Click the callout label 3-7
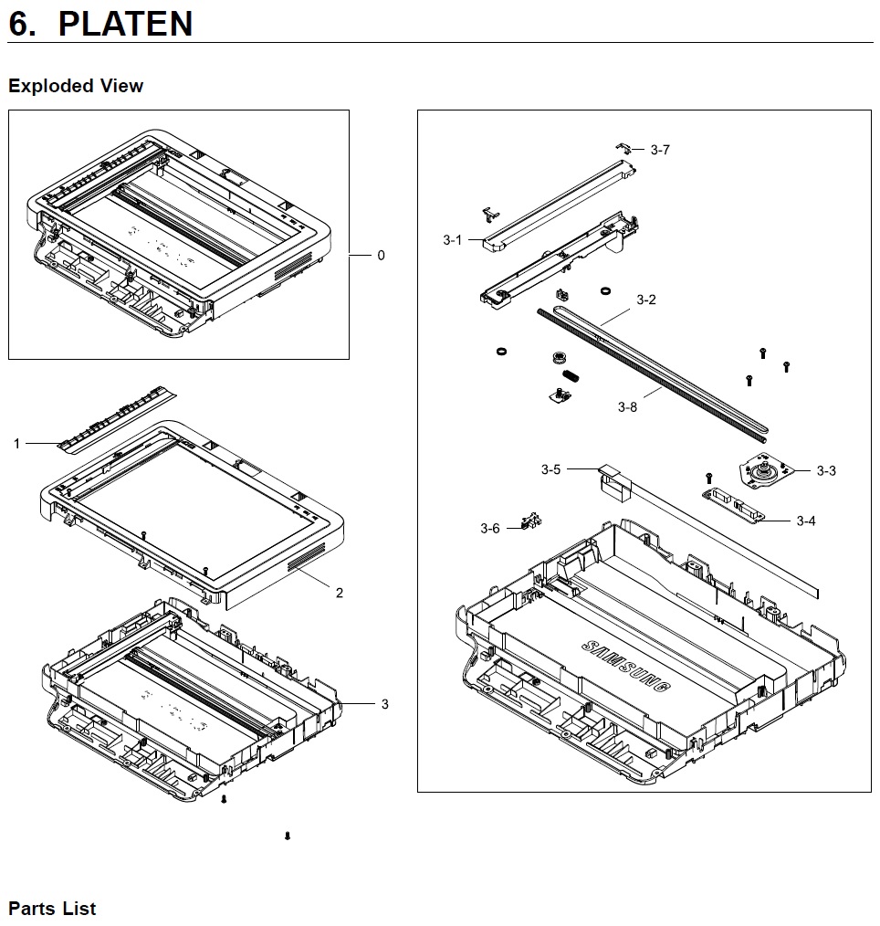click(x=660, y=150)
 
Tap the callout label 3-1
click(x=453, y=240)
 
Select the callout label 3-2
click(x=646, y=300)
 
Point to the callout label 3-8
click(x=627, y=407)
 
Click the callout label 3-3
click(x=826, y=470)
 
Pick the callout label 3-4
click(x=806, y=521)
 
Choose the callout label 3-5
click(x=550, y=469)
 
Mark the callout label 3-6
click(x=490, y=529)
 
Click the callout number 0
click(x=382, y=255)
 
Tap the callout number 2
click(x=340, y=593)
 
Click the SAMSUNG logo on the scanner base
click(x=626, y=666)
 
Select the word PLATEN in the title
click(x=125, y=24)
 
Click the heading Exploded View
click(x=76, y=86)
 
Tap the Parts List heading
click(x=52, y=909)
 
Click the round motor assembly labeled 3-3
click(x=764, y=471)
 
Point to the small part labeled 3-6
click(x=531, y=521)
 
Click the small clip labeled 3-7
click(x=623, y=147)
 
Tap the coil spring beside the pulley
click(x=570, y=375)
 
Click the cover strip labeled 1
click(x=117, y=420)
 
